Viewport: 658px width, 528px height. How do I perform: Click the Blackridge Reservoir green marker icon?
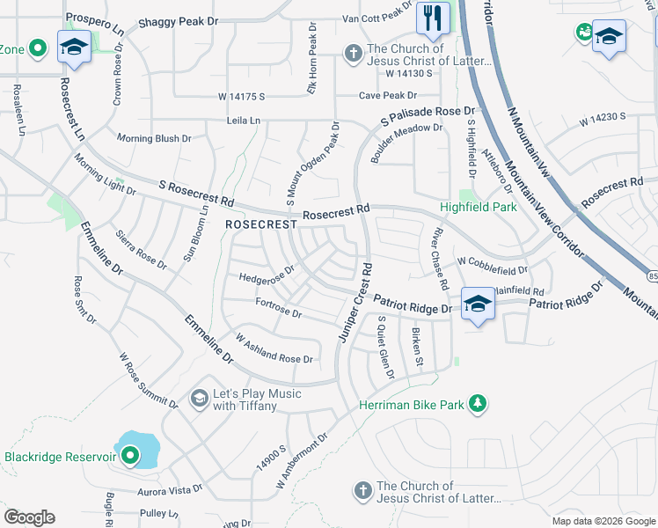(x=130, y=456)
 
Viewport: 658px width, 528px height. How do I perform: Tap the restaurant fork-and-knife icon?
(x=432, y=18)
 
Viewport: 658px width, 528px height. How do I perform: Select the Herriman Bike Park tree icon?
(x=478, y=403)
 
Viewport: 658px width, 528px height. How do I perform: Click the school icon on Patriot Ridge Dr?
(x=477, y=304)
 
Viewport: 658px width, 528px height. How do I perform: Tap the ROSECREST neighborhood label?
(x=260, y=224)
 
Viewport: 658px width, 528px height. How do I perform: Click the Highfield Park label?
(x=479, y=209)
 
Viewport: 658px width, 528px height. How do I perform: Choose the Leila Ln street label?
(x=244, y=120)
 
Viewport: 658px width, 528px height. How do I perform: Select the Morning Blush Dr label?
(x=154, y=138)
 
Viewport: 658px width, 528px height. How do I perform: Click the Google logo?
(x=29, y=517)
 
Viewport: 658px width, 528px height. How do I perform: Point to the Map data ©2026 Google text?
(x=603, y=521)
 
